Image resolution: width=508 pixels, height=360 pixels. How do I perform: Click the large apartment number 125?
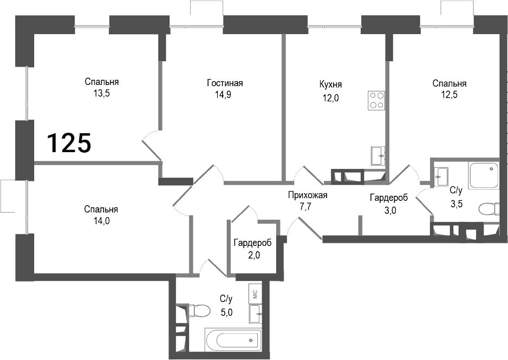(x=69, y=143)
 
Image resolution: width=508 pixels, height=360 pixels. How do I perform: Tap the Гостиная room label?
(x=225, y=83)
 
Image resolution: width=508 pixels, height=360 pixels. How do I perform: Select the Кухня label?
(x=330, y=85)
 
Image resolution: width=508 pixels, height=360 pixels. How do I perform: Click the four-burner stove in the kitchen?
(x=377, y=100)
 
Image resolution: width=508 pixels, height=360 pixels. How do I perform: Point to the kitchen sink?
(x=378, y=156)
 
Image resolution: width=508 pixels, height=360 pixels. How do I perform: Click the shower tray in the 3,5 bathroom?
(x=483, y=175)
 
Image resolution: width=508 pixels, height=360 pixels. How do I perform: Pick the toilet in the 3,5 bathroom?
(x=489, y=208)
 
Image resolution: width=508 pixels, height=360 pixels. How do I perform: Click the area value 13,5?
(x=101, y=93)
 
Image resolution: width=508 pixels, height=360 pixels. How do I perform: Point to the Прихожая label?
(x=308, y=195)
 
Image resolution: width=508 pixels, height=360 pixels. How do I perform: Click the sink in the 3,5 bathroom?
(x=441, y=174)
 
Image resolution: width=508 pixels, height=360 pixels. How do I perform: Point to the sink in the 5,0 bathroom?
(x=256, y=313)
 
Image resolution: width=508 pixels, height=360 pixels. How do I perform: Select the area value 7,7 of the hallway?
(x=308, y=206)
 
